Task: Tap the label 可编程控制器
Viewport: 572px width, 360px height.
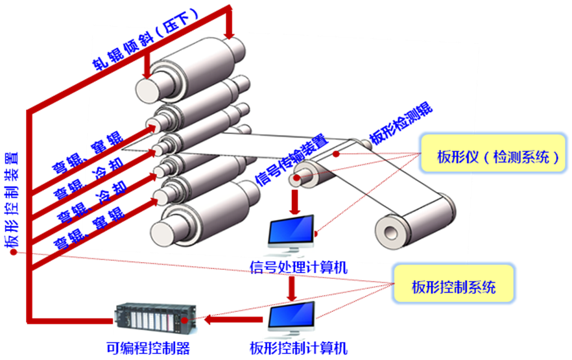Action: (x=152, y=348)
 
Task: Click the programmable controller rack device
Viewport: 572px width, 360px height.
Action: (x=156, y=320)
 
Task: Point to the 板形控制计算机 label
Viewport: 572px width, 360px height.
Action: (x=298, y=348)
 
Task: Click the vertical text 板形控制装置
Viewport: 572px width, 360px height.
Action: (x=13, y=201)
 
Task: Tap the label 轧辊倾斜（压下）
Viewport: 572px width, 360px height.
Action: (x=146, y=39)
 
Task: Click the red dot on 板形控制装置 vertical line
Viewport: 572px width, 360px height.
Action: (x=14, y=252)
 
